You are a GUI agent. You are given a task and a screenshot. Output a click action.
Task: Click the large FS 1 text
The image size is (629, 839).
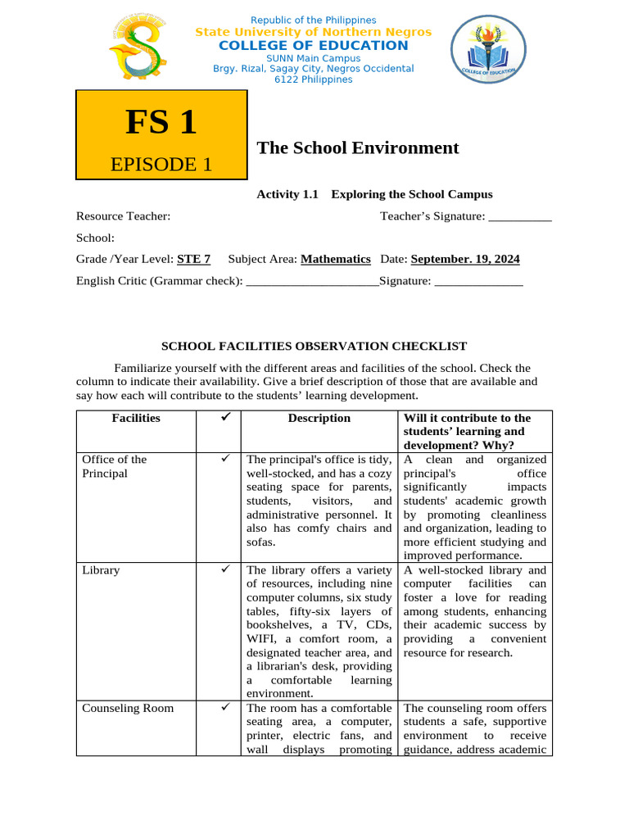[x=161, y=122]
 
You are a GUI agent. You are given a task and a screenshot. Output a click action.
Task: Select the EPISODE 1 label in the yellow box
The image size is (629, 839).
[x=161, y=164]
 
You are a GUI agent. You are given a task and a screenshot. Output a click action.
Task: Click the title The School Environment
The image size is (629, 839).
[x=358, y=147]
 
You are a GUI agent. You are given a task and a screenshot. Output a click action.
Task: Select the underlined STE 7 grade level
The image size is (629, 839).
[x=194, y=259]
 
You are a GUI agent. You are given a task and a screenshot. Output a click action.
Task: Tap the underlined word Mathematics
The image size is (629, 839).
[x=336, y=259]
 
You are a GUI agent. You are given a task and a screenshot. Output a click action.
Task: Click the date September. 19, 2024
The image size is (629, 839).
[x=465, y=259]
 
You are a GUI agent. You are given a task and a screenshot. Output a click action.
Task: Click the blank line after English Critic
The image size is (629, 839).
[x=312, y=281]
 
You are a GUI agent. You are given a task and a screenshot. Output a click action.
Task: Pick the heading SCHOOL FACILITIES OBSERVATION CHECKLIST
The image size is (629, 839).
[x=314, y=347]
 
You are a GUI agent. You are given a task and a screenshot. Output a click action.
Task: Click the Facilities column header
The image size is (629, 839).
[x=136, y=418]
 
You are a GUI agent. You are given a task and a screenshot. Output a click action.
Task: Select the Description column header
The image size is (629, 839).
[x=319, y=418]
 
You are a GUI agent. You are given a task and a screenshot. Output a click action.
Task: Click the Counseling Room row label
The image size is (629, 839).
[x=128, y=708]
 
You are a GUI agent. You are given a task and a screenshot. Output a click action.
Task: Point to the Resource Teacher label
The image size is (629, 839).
[x=124, y=216]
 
